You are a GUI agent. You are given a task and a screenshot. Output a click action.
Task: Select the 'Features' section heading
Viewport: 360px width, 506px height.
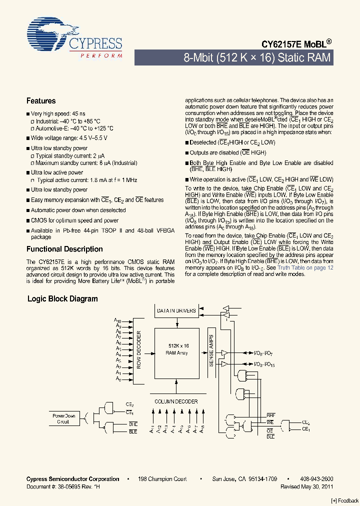(41, 101)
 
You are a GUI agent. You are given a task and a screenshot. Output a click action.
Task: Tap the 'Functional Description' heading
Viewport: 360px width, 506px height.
(64, 249)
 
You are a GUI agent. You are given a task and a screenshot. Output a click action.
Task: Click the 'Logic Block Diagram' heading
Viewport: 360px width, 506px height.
(62, 299)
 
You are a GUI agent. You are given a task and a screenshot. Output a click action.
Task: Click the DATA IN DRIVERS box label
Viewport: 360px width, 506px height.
(176, 311)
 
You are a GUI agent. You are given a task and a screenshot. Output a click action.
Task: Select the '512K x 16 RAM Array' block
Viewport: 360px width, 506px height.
(177, 349)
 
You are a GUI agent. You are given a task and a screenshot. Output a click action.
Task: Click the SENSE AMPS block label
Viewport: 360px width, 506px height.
(211, 350)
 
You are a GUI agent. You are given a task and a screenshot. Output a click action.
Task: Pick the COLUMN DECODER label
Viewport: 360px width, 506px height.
(176, 401)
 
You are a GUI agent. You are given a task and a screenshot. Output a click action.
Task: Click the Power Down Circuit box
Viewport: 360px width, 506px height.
(63, 418)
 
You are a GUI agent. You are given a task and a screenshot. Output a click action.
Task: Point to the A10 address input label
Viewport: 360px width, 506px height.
(117, 320)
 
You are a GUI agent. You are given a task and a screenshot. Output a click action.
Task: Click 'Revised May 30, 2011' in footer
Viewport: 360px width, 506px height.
(307, 486)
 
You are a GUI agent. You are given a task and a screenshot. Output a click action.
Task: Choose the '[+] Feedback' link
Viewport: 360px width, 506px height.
(345, 500)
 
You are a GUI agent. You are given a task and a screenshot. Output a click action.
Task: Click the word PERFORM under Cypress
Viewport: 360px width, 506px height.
(101, 55)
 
